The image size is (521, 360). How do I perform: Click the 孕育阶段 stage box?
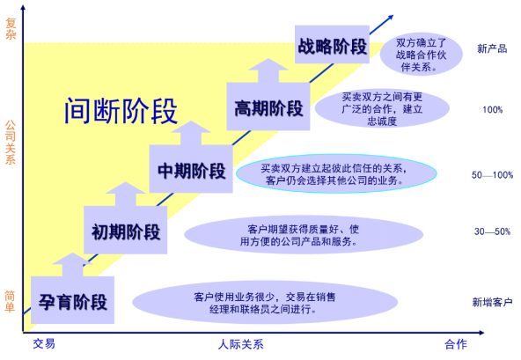(x=72, y=300)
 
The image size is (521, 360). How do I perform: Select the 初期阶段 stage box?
(x=125, y=230)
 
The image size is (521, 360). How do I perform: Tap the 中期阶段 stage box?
(x=191, y=169)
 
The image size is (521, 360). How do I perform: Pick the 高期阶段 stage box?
(x=268, y=107)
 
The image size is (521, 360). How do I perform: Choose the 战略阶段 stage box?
(x=332, y=44)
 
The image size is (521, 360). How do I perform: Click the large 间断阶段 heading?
(x=121, y=111)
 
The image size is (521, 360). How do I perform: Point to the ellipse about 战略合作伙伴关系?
(x=421, y=55)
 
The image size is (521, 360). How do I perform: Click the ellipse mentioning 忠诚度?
(x=382, y=108)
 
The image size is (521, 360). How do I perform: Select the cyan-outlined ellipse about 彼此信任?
(x=336, y=173)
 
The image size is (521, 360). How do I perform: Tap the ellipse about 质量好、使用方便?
(x=304, y=235)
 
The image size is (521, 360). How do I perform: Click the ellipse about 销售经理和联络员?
(x=265, y=302)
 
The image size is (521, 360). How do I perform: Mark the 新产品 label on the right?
(x=492, y=48)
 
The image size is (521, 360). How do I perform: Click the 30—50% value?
(x=492, y=231)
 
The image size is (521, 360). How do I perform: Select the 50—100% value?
(x=492, y=175)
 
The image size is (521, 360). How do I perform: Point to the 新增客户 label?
(x=492, y=302)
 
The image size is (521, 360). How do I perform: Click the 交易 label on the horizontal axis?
(x=44, y=343)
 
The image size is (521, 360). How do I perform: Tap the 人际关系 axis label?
(x=241, y=344)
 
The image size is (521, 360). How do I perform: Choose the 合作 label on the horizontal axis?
(x=456, y=344)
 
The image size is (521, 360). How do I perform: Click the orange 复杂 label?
(x=11, y=28)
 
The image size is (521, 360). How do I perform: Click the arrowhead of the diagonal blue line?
(x=390, y=18)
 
